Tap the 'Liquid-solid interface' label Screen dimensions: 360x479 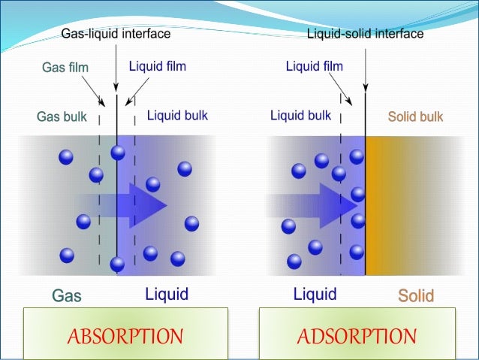(366, 34)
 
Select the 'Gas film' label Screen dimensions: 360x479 (65, 68)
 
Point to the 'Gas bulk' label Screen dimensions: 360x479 (62, 117)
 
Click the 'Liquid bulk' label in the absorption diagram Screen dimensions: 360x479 (177, 116)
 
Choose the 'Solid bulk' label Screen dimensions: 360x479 (415, 117)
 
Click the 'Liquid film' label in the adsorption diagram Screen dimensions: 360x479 (314, 66)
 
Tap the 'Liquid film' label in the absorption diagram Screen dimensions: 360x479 (158, 66)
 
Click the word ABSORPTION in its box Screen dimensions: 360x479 (125, 335)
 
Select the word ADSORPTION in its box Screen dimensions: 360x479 (357, 335)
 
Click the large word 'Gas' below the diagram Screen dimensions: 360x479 (67, 295)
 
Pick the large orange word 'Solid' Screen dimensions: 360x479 (416, 295)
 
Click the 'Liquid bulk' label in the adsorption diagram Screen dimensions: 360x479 (300, 116)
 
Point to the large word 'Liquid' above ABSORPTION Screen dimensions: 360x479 (166, 294)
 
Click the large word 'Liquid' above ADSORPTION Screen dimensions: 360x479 (315, 294)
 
